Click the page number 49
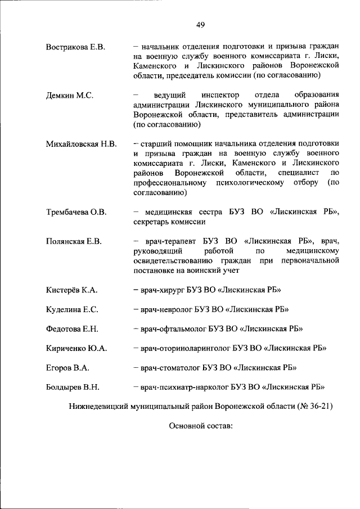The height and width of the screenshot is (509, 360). (200, 24)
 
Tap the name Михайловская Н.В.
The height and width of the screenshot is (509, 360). (81, 144)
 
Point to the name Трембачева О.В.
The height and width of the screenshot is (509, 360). (76, 213)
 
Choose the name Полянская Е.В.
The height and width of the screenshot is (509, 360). (74, 242)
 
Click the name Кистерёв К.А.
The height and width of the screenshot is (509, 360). (72, 290)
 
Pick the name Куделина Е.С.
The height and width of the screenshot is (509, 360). (72, 309)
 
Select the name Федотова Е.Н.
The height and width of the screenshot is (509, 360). (73, 329)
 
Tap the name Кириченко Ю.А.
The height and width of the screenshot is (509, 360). (76, 348)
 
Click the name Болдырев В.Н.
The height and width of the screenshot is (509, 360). (73, 387)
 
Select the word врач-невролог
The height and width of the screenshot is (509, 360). (165, 309)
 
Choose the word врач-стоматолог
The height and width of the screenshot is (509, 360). (169, 368)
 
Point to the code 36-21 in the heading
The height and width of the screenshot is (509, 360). (318, 406)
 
